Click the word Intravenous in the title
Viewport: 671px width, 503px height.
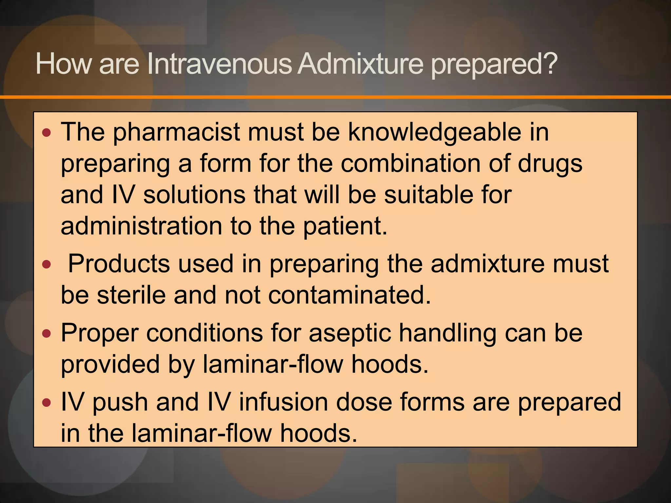pos(219,64)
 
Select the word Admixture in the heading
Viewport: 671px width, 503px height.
pos(361,64)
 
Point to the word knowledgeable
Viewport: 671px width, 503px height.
pos(434,133)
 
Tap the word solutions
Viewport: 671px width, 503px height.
pos(194,195)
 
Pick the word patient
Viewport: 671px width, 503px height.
pos(345,227)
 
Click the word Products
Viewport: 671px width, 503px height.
pos(119,264)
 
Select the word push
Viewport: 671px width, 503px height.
pos(120,403)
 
